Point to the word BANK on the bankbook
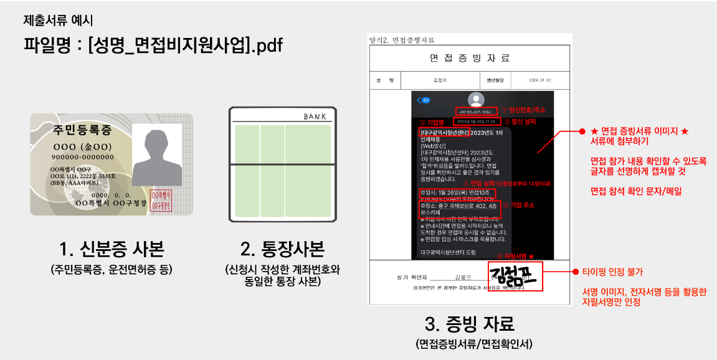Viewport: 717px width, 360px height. click(315, 116)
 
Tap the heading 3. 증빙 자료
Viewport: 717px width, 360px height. click(469, 324)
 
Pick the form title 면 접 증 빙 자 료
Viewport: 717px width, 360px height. click(469, 58)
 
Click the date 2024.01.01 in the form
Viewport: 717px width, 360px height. click(540, 81)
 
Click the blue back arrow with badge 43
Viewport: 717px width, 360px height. click(424, 100)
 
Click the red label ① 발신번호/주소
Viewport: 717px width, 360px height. click(523, 110)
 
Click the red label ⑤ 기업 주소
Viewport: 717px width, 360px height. click(518, 205)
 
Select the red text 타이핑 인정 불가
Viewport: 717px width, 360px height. click(612, 272)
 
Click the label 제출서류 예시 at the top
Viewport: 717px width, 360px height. click(59, 20)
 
